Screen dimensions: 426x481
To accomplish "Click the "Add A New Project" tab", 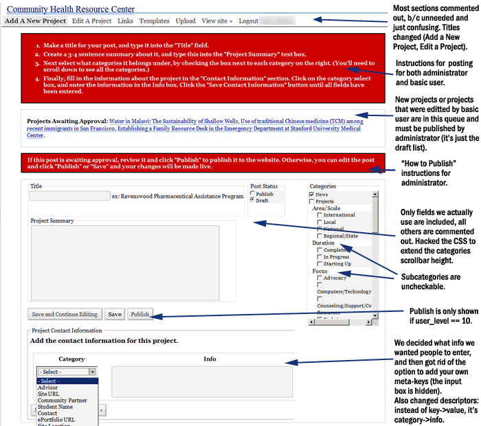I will pyautogui.click(x=35, y=21).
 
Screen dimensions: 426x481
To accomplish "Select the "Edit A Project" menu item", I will pyautogui.click(x=91, y=21).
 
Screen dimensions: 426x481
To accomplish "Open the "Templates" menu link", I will pyautogui.click(x=154, y=21).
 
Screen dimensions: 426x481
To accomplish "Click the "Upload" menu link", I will pyautogui.click(x=186, y=21).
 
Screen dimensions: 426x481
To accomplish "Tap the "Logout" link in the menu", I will pyautogui.click(x=249, y=21).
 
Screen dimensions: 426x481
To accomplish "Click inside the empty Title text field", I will pyautogui.click(x=69, y=196).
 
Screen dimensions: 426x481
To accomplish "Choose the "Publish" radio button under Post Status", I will pyautogui.click(x=253, y=194).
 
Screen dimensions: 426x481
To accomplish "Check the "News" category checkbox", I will pyautogui.click(x=313, y=194).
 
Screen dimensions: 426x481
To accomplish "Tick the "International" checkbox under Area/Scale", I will pyautogui.click(x=320, y=215).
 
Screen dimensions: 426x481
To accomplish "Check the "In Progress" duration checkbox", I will pyautogui.click(x=320, y=257).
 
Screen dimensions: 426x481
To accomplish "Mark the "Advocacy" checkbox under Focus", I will pyautogui.click(x=320, y=278).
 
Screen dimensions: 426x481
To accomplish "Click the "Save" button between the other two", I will pyautogui.click(x=115, y=314).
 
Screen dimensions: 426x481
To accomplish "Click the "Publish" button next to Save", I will pyautogui.click(x=140, y=314).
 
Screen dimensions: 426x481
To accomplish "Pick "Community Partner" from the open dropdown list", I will pyautogui.click(x=63, y=400).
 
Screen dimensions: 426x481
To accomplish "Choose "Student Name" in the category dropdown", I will pyautogui.click(x=57, y=406).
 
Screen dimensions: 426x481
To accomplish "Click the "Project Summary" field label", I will pyautogui.click(x=52, y=221).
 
